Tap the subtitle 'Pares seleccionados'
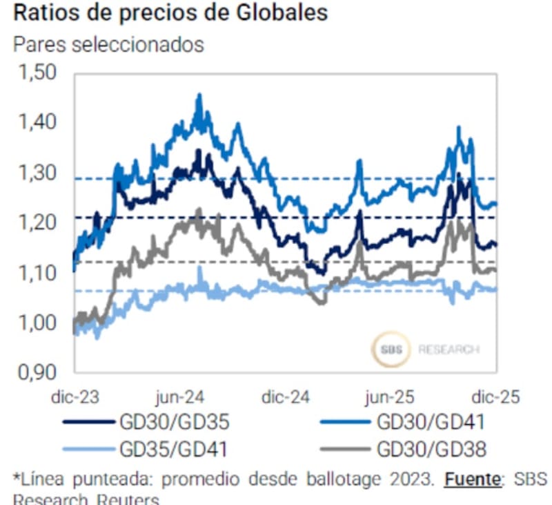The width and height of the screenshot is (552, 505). (109, 44)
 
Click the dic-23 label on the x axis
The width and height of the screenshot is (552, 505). (75, 397)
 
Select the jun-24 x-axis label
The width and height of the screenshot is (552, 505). (181, 397)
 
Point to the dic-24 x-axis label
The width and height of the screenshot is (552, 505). (286, 397)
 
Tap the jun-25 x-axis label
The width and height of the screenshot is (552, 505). (390, 397)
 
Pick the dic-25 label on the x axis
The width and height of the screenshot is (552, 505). (495, 397)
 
